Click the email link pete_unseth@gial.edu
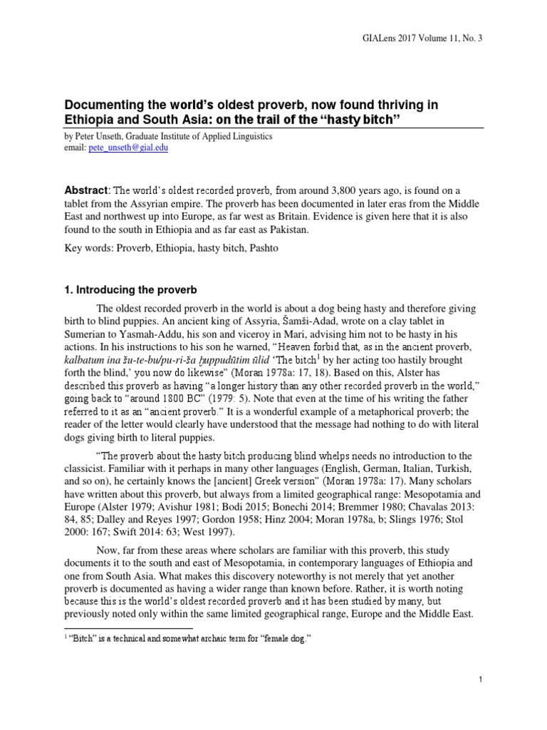pyautogui.click(x=129, y=148)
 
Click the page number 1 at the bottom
pyautogui.click(x=481, y=679)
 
